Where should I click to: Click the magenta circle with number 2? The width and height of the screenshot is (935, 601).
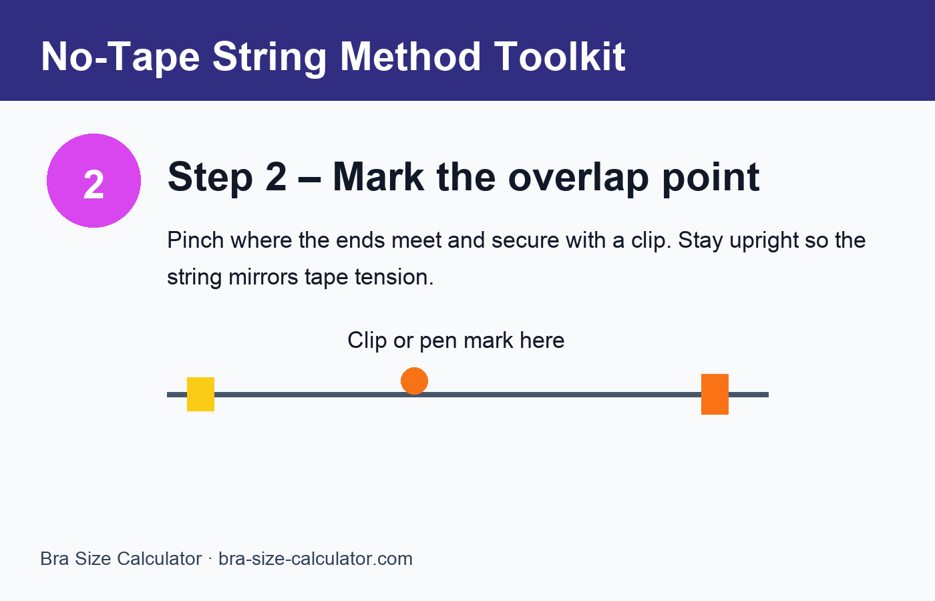tap(93, 181)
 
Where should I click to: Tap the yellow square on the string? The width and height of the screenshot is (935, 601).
tap(200, 394)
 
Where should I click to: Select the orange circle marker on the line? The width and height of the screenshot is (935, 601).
tap(414, 381)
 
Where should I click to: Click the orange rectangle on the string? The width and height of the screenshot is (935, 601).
tap(715, 394)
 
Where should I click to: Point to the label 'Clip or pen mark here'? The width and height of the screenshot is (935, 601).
tap(455, 341)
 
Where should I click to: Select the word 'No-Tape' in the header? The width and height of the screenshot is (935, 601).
tap(120, 57)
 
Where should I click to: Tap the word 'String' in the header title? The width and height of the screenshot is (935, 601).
tap(269, 57)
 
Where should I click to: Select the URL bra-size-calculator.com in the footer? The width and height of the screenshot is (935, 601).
tap(315, 559)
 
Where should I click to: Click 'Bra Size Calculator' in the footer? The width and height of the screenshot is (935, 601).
tap(121, 559)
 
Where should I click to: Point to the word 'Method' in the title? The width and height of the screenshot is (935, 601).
tap(411, 57)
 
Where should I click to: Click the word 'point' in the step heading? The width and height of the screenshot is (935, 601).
tap(711, 177)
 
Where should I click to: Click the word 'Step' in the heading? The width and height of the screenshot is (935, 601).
tap(208, 177)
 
